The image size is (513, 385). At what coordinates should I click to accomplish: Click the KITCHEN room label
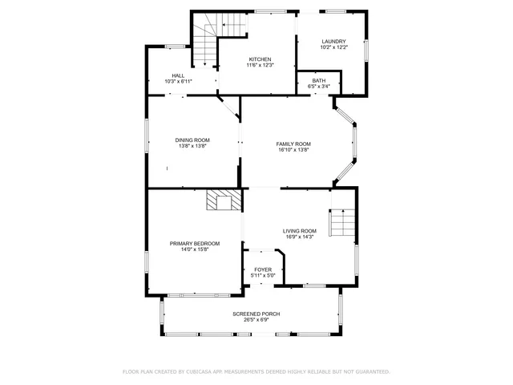click(260, 59)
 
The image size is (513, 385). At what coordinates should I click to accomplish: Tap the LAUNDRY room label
click(333, 42)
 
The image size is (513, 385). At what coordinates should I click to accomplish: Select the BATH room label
click(319, 80)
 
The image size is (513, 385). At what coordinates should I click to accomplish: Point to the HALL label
click(177, 75)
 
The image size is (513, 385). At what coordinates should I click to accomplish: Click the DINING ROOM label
click(192, 140)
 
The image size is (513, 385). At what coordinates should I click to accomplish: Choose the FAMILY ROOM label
click(293, 144)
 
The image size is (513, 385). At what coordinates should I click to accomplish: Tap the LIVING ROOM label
click(299, 231)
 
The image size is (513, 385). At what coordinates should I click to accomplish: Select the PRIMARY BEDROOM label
click(194, 243)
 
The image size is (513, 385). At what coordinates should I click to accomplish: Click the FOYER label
click(263, 269)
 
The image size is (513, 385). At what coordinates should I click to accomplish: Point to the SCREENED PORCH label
click(256, 314)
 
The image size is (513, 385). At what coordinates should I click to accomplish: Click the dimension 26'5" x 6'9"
click(256, 320)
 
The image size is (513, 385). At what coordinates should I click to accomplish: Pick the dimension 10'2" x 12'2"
click(333, 48)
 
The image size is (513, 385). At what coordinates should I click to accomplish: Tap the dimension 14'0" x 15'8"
click(194, 249)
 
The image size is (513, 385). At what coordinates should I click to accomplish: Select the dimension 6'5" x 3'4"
click(319, 86)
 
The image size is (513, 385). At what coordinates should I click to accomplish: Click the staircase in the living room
click(342, 223)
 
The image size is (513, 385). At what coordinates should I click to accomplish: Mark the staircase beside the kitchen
click(206, 44)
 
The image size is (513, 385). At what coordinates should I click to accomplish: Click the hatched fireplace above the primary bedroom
click(224, 200)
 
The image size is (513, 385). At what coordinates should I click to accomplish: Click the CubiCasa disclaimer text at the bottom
click(256, 371)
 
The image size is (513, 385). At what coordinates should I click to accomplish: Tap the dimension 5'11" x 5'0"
click(263, 276)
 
